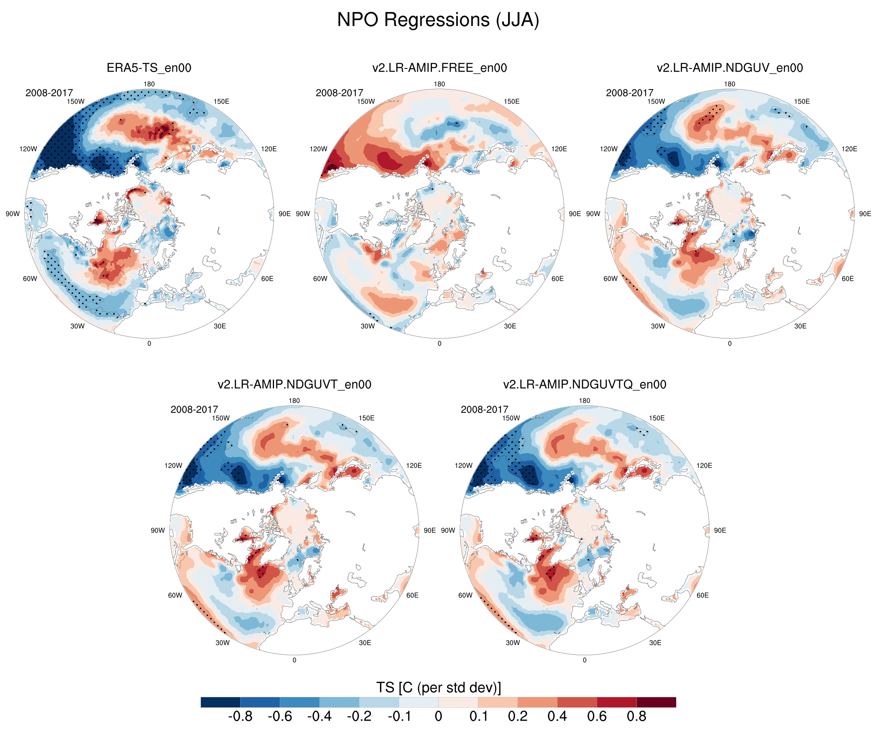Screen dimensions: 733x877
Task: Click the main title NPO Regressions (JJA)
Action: (438, 20)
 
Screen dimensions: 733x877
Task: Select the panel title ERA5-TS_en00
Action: (149, 68)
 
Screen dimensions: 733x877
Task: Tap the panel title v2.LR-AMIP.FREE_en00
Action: (439, 68)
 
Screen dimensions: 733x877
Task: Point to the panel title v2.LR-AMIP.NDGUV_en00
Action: (730, 68)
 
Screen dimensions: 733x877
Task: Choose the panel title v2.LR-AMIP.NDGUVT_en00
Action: (295, 385)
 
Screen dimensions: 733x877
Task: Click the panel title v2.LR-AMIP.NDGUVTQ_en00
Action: (585, 385)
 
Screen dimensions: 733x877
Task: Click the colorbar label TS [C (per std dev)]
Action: (438, 687)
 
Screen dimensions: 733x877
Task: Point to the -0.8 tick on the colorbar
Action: (240, 716)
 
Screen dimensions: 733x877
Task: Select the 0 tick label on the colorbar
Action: (438, 716)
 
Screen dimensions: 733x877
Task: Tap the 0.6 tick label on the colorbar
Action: (597, 716)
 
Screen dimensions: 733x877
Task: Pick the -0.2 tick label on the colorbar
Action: (359, 716)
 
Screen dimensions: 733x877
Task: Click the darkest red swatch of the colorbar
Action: (656, 702)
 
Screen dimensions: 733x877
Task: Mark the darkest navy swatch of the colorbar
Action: (221, 702)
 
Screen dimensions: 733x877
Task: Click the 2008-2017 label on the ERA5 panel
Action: (49, 93)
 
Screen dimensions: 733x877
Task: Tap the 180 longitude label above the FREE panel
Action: (439, 84)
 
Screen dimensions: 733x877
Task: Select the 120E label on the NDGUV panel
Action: (850, 149)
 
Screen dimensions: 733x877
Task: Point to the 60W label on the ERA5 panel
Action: (30, 279)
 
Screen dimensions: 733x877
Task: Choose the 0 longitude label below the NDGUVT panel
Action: (295, 660)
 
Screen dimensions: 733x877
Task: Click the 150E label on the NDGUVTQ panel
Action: (657, 418)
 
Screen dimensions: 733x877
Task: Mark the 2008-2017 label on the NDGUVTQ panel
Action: (485, 410)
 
